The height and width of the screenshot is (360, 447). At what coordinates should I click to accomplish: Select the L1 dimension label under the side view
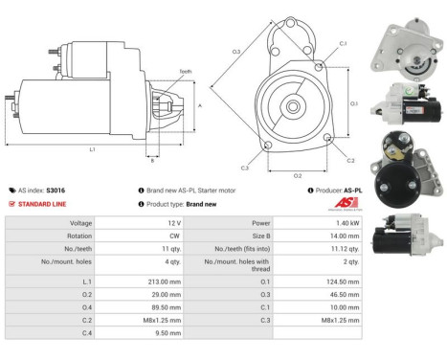coord(92,149)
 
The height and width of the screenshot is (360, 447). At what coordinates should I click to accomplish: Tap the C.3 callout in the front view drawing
coord(245,168)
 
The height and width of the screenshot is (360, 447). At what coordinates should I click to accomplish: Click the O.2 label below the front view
coord(297,176)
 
